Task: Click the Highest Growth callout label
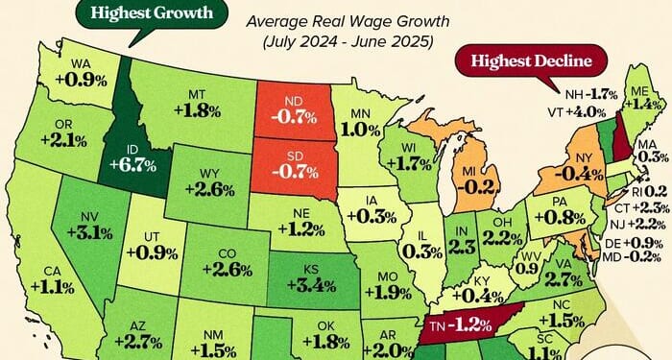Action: (141, 13)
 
